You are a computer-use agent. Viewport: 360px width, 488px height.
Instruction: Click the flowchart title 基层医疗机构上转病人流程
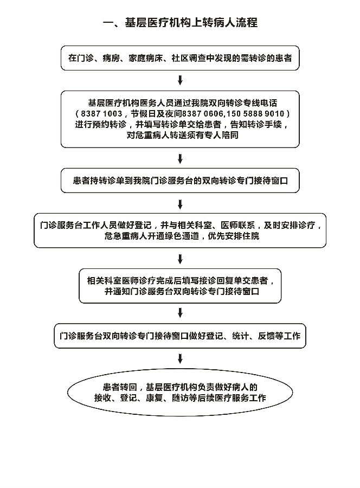(x=191, y=23)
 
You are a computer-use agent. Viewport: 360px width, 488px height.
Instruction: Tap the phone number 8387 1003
(x=101, y=114)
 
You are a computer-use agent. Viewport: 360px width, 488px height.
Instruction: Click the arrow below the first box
(x=180, y=80)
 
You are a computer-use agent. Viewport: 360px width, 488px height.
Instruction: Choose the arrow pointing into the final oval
(x=180, y=358)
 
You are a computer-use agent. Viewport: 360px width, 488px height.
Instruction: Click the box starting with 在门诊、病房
(x=180, y=58)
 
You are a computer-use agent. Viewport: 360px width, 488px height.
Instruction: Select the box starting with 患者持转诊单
(x=180, y=181)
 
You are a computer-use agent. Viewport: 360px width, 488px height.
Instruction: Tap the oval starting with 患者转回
(x=180, y=393)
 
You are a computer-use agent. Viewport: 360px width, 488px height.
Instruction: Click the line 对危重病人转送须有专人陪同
(x=182, y=135)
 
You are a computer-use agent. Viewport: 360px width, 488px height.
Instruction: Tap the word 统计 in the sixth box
(x=241, y=336)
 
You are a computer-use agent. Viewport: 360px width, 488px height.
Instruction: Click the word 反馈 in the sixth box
(x=266, y=336)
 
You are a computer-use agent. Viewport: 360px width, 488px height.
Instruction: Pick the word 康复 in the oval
(x=155, y=398)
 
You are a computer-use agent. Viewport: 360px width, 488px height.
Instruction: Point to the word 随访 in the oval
(x=181, y=398)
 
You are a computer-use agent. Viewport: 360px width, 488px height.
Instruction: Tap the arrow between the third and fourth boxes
(x=180, y=204)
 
